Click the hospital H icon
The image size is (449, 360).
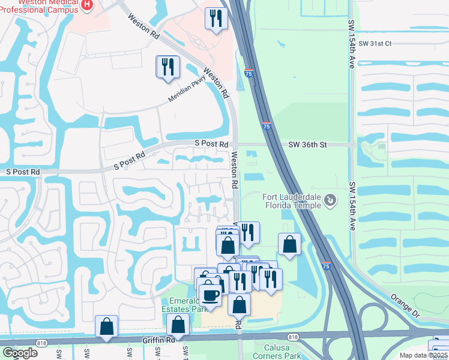coord(88,5)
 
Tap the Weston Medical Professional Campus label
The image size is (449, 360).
coord(42,8)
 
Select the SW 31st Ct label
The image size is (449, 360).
coord(375,44)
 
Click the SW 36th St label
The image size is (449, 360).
coord(307,145)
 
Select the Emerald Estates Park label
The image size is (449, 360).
coord(184,305)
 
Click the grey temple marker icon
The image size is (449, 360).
coord(330,200)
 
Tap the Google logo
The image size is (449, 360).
coord(20,352)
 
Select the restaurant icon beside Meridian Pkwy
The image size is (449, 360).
coord(167,66)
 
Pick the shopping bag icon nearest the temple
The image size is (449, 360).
coord(289,244)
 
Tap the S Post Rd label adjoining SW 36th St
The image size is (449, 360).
coord(211,145)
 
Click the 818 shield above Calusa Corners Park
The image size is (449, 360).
coord(292,337)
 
